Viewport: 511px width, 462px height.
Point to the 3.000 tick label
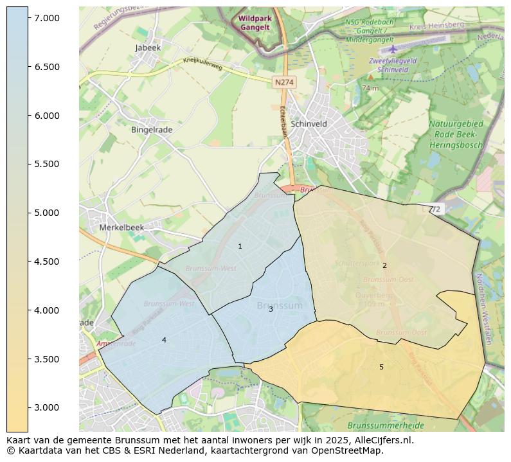[x=47, y=408]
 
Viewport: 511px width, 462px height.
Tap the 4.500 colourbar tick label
[x=47, y=262]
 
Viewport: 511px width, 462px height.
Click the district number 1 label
[x=240, y=247]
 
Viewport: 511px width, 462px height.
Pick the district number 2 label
[x=384, y=266]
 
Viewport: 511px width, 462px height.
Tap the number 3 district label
[x=271, y=310]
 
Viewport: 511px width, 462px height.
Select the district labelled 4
[x=164, y=341]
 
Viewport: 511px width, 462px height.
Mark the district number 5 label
[x=381, y=368]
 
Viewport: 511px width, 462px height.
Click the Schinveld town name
[x=309, y=124]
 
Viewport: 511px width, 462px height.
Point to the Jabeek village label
[x=148, y=48]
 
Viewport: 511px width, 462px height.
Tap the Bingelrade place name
[x=152, y=130]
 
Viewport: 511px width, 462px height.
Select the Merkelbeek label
[x=122, y=227]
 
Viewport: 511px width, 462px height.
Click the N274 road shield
[x=283, y=83]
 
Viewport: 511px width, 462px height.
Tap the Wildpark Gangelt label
[x=255, y=23]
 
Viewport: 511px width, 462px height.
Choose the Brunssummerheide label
[x=386, y=425]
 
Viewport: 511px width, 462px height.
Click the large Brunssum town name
[x=279, y=306]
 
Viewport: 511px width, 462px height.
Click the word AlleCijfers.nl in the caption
[x=375, y=441]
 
